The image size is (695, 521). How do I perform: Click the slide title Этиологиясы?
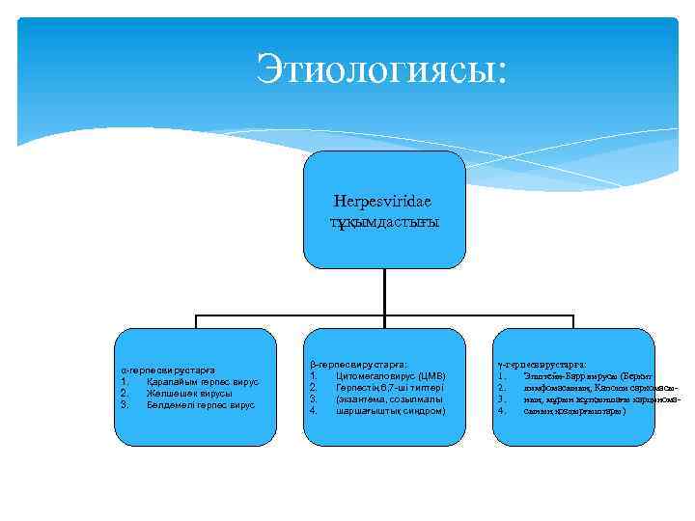coord(380,69)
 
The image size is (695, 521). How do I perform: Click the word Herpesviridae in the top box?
coord(383,202)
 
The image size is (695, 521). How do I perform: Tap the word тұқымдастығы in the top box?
coord(383,221)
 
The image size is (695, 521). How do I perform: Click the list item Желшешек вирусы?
coord(189,394)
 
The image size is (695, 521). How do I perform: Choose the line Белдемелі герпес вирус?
coord(201,405)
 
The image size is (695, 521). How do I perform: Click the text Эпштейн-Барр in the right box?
coord(552,376)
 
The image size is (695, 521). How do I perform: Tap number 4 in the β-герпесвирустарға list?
coord(313,411)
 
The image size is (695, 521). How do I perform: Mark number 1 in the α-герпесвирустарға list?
coord(124,382)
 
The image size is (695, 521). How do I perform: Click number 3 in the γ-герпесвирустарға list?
coord(502,399)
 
